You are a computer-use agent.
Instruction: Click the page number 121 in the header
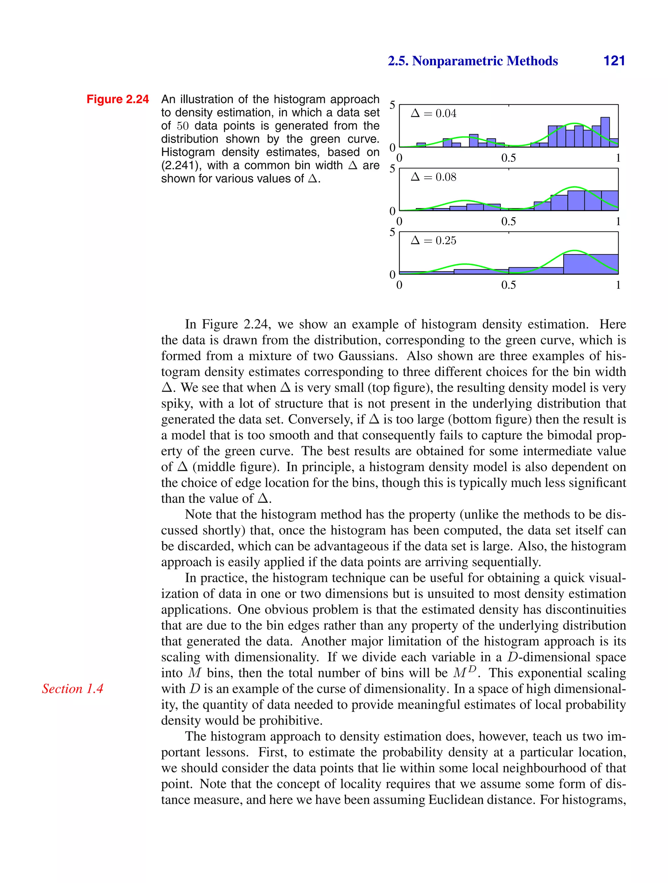[x=614, y=61]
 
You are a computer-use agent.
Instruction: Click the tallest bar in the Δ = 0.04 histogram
[x=605, y=132]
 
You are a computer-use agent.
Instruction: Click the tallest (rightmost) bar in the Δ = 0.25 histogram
[x=591, y=264]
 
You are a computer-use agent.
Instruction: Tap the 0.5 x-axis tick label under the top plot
[x=509, y=158]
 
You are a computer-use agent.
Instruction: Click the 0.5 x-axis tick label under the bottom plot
[x=509, y=285]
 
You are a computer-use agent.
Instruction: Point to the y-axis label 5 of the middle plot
[x=392, y=169]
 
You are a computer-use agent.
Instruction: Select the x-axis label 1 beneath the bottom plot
[x=618, y=285]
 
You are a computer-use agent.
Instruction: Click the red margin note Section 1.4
[x=73, y=689]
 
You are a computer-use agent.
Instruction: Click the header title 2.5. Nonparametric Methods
[x=473, y=61]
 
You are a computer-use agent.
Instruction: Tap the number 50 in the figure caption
[x=182, y=126]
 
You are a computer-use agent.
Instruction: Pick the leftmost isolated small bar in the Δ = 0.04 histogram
[x=421, y=145]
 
